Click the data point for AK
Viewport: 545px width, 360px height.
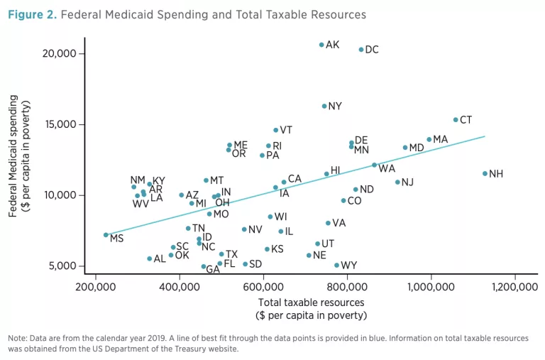point(321,45)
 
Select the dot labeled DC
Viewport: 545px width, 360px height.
point(361,50)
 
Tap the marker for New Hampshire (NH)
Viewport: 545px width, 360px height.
point(485,173)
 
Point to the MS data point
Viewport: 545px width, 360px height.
point(106,235)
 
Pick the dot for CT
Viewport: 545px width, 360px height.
point(456,120)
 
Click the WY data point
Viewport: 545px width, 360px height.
point(336,266)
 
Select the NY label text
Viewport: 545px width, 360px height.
point(335,107)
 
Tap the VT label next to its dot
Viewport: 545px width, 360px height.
point(286,130)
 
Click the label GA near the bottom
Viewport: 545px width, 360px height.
point(212,270)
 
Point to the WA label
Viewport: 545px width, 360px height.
point(387,169)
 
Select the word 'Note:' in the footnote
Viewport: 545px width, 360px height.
point(18,338)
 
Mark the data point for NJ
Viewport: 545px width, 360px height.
point(397,182)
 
